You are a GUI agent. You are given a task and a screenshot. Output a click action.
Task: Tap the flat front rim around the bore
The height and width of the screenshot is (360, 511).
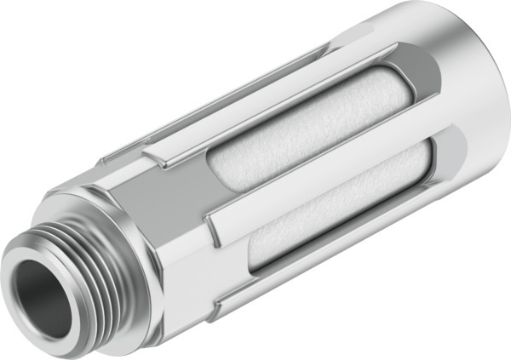(26, 274)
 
